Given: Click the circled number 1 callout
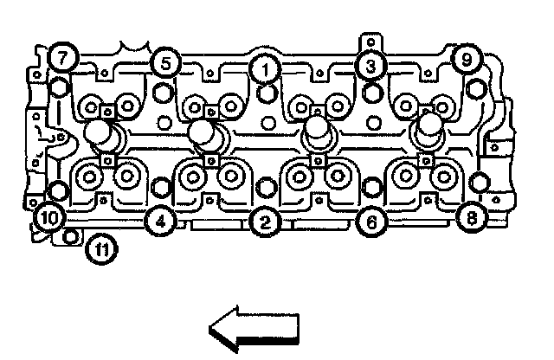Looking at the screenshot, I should pos(265,67).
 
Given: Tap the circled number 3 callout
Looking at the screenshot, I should pos(370,64).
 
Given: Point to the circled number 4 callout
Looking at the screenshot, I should pos(158,222).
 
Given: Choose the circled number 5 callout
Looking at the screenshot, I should pos(164,62).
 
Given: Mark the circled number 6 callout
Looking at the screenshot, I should pos(370,222).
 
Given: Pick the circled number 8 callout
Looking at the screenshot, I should pos(471,217).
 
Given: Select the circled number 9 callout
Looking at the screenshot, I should pos(466,60).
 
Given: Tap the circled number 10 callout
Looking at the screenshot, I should pos(48,217).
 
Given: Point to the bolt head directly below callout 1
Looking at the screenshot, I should pos(267,91).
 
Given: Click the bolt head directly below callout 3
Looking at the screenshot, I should pos(372,89).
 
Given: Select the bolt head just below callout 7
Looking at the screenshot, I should pos(58,87).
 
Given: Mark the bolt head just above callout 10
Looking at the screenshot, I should pos(57,190).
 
